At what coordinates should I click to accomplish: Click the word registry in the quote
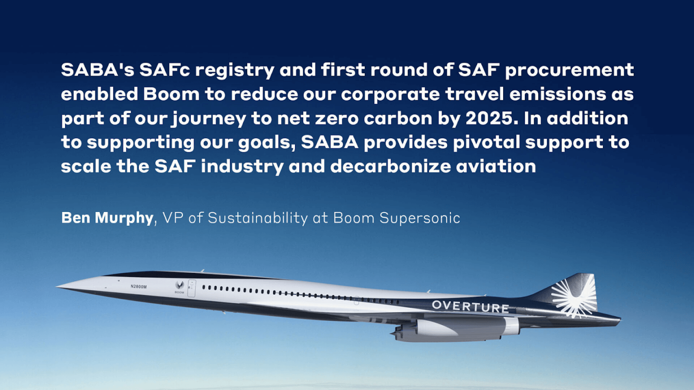click(235, 70)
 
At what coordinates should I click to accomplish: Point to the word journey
click(209, 118)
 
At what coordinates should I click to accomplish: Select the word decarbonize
click(390, 166)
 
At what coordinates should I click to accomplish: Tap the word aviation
click(496, 166)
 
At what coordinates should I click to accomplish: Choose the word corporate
click(390, 94)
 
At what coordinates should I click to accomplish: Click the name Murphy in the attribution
click(124, 218)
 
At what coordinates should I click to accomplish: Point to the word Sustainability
click(258, 218)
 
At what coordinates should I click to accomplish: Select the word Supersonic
click(420, 218)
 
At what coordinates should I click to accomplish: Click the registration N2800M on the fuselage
click(138, 286)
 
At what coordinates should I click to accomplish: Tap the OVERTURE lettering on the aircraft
click(470, 306)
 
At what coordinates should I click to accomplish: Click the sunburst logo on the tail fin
click(574, 298)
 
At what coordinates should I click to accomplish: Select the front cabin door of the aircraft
click(192, 288)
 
